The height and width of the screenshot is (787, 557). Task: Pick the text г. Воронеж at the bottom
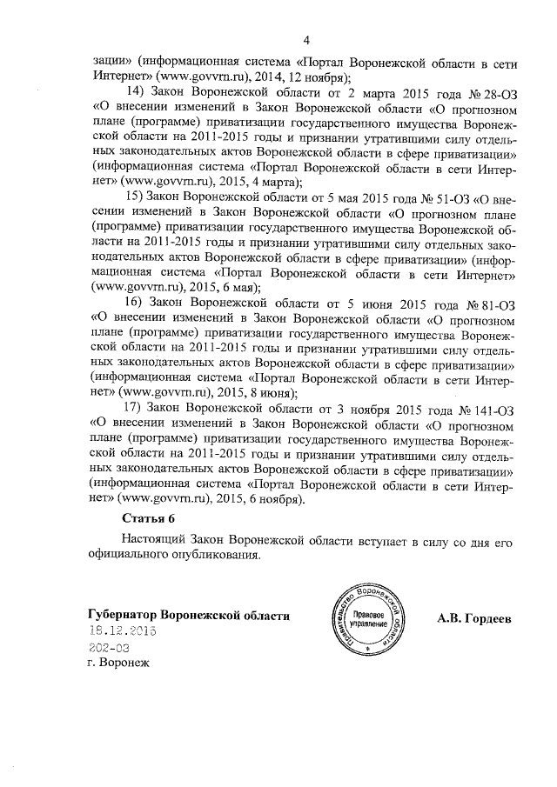coord(112,664)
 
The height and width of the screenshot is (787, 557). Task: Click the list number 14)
coord(137,91)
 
